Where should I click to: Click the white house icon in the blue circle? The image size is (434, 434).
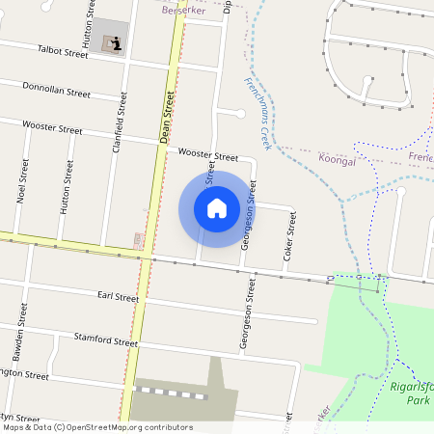coord(217,208)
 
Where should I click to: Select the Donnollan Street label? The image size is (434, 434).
coord(57,90)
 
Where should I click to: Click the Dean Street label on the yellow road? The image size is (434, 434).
coord(169,118)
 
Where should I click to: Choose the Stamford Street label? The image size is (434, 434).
coord(106,339)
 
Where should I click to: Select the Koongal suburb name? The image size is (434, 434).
coord(337,161)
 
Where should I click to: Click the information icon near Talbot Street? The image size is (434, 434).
coord(116,42)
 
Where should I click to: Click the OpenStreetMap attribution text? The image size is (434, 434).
coord(97,427)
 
